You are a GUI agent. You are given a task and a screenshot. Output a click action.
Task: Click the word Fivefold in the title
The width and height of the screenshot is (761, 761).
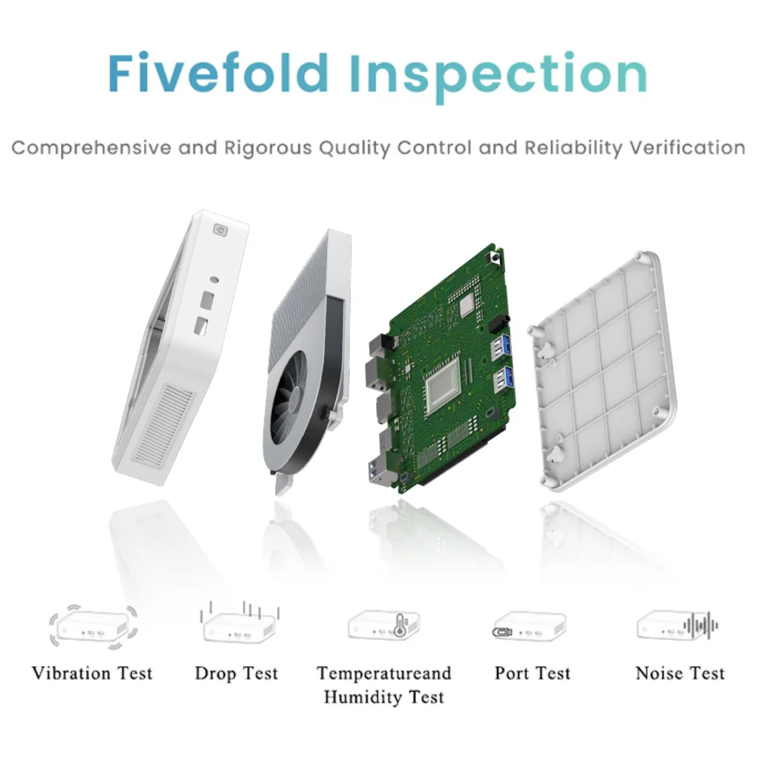(218, 73)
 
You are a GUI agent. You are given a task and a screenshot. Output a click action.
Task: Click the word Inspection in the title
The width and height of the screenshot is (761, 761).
(498, 78)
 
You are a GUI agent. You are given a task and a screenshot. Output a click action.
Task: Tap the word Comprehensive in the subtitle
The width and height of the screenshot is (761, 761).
(91, 148)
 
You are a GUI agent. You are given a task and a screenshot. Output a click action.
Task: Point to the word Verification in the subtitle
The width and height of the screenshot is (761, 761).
(687, 148)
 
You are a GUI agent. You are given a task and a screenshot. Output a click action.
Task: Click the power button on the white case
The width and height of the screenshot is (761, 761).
(219, 230)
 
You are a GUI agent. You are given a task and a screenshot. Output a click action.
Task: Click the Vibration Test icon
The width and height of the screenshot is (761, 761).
(93, 628)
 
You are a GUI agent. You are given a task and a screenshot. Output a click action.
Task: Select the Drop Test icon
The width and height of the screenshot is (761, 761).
(239, 623)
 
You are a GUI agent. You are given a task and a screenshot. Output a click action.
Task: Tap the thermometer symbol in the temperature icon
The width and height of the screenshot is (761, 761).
(400, 625)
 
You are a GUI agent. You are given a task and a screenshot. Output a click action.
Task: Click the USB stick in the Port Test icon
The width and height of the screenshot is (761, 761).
(502, 632)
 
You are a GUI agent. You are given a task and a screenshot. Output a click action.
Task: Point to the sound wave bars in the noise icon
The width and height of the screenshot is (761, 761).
(701, 626)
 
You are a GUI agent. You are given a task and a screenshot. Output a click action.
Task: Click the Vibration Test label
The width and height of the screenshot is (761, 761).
(92, 673)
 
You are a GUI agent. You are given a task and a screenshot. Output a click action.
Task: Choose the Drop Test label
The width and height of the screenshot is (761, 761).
(236, 674)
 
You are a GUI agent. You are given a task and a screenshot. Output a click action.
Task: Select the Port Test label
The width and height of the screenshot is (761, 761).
(533, 673)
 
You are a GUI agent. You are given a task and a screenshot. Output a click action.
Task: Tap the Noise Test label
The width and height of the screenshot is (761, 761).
(680, 673)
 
